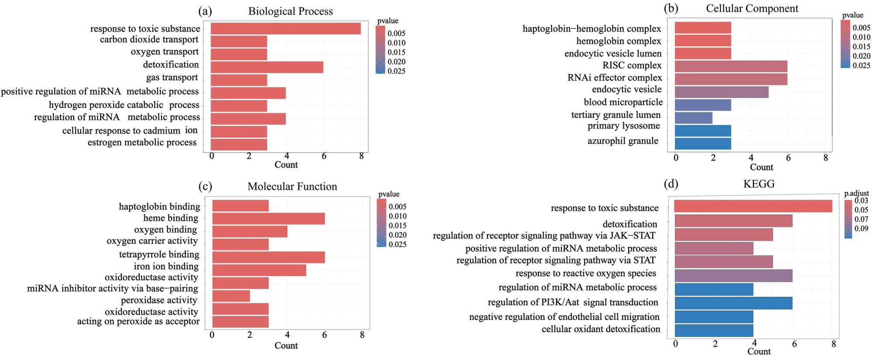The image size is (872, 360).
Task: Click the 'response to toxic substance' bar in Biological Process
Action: pyautogui.click(x=286, y=29)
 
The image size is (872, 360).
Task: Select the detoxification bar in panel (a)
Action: pyautogui.click(x=267, y=67)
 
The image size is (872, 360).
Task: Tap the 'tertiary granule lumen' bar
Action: pyautogui.click(x=693, y=118)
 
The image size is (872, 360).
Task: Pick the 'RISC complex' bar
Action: pyautogui.click(x=731, y=66)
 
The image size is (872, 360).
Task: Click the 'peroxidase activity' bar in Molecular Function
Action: pyautogui.click(x=231, y=296)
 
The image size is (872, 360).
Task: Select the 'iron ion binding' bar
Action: pyautogui.click(x=259, y=270)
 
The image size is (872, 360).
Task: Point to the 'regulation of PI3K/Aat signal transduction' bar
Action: pyautogui.click(x=733, y=303)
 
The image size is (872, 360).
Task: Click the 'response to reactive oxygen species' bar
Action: pyautogui.click(x=733, y=275)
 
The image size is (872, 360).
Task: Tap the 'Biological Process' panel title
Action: pyautogui.click(x=290, y=11)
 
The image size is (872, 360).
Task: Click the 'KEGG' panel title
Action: pyautogui.click(x=759, y=184)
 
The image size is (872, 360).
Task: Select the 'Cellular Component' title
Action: pyautogui.click(x=752, y=9)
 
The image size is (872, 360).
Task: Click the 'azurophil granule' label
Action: pyautogui.click(x=623, y=141)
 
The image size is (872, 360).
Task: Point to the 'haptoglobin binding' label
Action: pyautogui.click(x=160, y=206)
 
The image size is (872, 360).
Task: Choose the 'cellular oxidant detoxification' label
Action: pyautogui.click(x=601, y=329)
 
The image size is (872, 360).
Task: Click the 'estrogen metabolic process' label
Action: pyautogui.click(x=142, y=143)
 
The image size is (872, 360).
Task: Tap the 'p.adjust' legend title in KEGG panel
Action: pyautogui.click(x=856, y=193)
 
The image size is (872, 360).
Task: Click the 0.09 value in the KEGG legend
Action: pyautogui.click(x=861, y=228)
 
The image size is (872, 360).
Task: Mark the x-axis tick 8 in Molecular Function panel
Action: pyautogui.click(x=362, y=335)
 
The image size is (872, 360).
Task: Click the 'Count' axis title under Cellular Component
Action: pyautogui.click(x=761, y=167)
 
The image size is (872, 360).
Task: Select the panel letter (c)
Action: pyautogui.click(x=205, y=187)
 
